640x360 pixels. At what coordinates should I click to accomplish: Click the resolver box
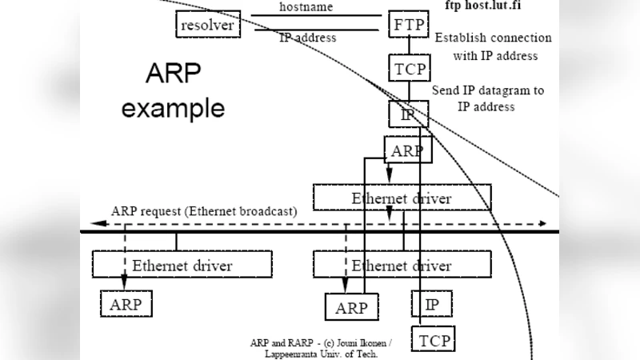[208, 25]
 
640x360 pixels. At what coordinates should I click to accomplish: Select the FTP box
[409, 24]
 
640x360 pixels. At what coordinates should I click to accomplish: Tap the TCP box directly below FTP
[409, 69]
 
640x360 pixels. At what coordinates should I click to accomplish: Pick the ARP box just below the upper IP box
[408, 149]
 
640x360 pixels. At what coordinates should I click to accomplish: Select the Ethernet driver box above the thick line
[402, 198]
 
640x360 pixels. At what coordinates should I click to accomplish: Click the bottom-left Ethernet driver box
[182, 265]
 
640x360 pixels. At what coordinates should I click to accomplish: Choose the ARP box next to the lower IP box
[351, 307]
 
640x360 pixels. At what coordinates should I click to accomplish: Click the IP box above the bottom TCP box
[431, 304]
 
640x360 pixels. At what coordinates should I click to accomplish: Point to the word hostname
[307, 6]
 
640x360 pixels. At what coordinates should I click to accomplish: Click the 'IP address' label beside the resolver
[307, 38]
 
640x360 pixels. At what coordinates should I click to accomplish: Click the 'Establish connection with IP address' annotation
[493, 46]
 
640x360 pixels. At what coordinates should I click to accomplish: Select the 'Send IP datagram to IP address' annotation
[487, 98]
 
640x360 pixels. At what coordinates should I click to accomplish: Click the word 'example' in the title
[173, 108]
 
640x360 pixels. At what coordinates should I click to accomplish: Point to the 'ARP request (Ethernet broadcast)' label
[204, 211]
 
